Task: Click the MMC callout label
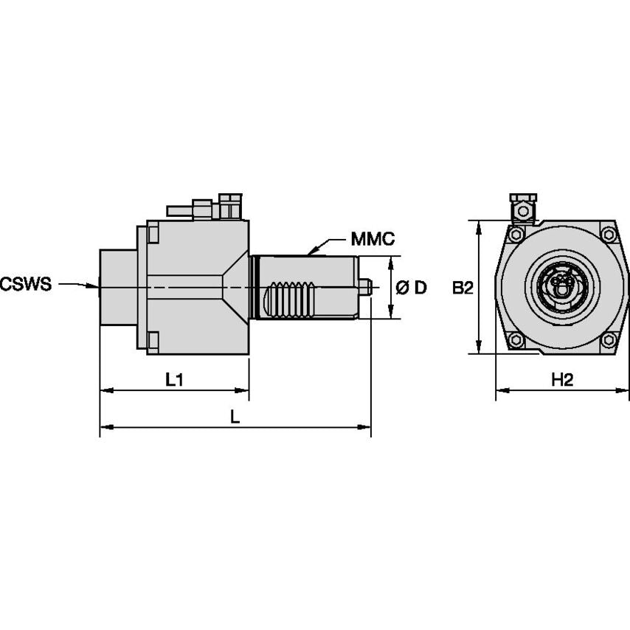click(373, 239)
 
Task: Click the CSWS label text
click(27, 284)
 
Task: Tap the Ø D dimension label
click(412, 288)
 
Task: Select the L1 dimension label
click(174, 380)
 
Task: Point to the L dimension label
click(235, 417)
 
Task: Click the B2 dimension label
click(463, 288)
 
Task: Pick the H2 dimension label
click(562, 380)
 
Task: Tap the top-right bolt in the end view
click(608, 235)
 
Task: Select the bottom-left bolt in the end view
click(515, 340)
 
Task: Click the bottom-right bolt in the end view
click(608, 340)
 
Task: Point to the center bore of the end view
click(561, 284)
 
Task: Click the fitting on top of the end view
click(523, 208)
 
